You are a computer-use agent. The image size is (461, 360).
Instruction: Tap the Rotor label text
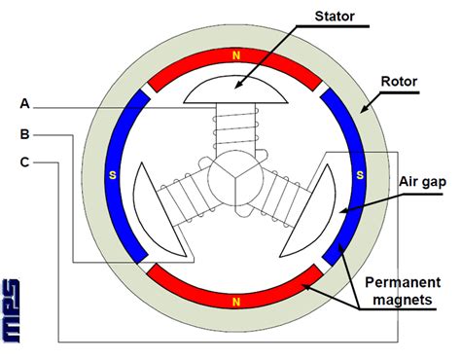tap(398, 84)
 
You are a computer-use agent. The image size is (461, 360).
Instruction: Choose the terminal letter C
tap(23, 162)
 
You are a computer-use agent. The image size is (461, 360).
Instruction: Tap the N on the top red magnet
tap(233, 56)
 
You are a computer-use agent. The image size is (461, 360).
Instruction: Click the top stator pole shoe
tap(233, 92)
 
